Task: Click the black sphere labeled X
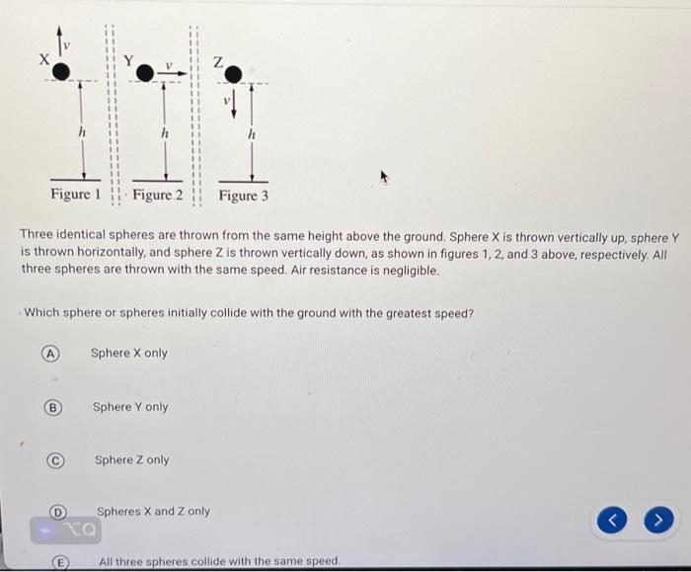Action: coord(61,70)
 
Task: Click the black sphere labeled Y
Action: coord(145,72)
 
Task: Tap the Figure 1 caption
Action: coord(76,195)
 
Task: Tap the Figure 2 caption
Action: coord(158,195)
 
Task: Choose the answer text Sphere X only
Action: coord(129,354)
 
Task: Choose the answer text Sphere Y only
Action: coord(130,407)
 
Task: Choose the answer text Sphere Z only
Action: coord(131,460)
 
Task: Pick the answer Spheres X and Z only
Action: coord(153,512)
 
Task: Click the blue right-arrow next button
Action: coord(659,517)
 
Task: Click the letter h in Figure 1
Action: coord(83,131)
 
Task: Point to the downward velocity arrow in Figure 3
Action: coord(234,103)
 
